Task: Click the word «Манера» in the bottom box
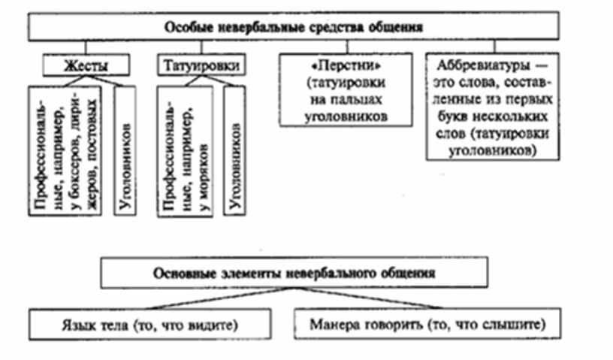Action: [x=338, y=325]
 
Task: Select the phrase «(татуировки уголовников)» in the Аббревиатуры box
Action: [x=492, y=142]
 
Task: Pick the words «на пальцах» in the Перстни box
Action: [x=345, y=99]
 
